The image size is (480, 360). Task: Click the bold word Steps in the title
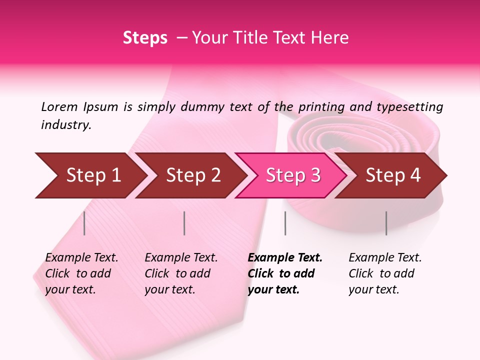point(145,38)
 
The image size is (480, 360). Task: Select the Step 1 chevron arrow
point(90,175)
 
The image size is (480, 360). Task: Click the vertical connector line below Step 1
point(84,223)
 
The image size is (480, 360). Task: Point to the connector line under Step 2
point(184,223)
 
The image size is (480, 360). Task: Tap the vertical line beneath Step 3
point(285,223)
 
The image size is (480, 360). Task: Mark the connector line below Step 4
point(386,223)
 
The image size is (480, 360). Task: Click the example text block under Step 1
point(81,273)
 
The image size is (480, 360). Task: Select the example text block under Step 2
point(181,273)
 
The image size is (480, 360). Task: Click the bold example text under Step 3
point(285,273)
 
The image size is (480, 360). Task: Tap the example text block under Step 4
point(385,273)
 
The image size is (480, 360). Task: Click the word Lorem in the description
point(59,107)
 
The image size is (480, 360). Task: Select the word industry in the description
point(66,125)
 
